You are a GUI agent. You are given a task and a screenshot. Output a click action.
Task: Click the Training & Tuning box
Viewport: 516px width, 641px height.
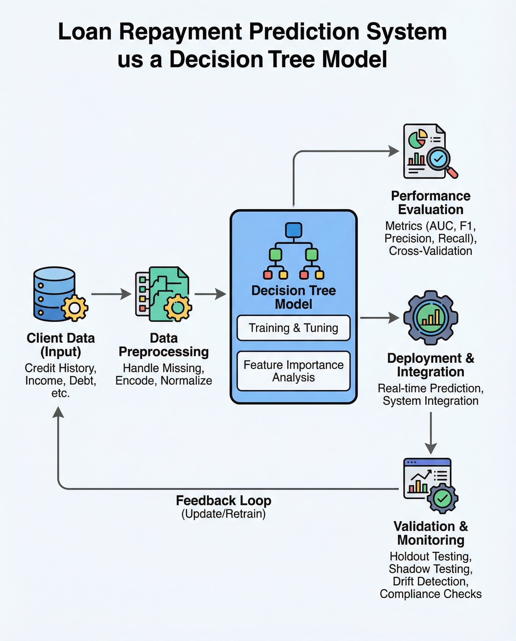point(293,328)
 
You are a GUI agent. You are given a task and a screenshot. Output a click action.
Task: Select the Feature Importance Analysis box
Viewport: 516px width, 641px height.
point(293,371)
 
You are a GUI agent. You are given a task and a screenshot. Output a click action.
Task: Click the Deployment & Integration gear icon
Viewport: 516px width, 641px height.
point(430,318)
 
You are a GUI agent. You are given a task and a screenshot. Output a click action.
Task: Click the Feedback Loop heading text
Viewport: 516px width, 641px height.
point(224,501)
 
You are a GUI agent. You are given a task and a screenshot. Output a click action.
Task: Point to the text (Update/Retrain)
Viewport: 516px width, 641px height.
point(224,514)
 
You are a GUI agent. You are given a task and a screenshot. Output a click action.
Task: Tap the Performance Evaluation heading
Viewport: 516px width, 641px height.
point(430,203)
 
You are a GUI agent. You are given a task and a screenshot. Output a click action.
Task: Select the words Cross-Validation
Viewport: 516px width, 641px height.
point(430,251)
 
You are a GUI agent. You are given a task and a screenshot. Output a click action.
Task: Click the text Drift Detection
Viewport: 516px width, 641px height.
point(430,581)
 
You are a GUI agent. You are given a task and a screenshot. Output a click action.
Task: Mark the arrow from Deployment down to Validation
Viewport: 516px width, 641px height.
point(430,433)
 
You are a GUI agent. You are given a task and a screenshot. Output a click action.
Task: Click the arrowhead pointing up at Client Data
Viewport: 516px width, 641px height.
point(58,413)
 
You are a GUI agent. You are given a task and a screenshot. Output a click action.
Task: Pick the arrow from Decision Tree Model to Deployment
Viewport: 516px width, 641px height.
point(379,318)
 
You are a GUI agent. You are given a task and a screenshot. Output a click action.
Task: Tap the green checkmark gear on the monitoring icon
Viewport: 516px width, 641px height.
point(442,499)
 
